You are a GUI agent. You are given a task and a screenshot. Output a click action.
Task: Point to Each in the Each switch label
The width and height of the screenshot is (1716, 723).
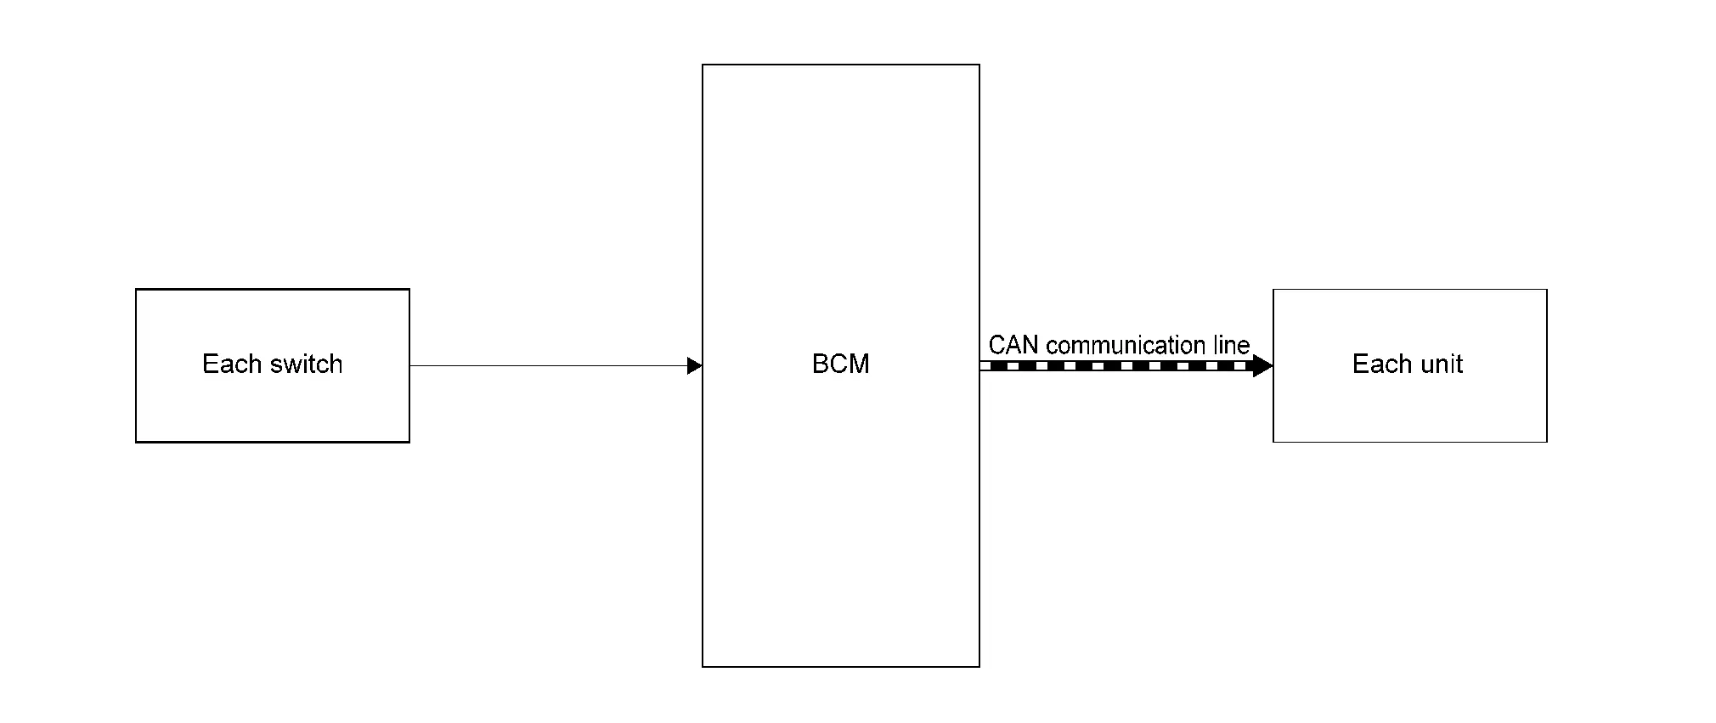click(x=225, y=364)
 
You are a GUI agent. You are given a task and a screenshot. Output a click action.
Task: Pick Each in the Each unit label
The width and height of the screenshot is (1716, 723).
click(x=1375, y=364)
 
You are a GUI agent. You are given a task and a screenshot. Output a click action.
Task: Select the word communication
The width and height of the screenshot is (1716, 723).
click(x=1125, y=346)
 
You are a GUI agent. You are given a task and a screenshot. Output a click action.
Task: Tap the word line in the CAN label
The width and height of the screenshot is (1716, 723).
click(x=1230, y=346)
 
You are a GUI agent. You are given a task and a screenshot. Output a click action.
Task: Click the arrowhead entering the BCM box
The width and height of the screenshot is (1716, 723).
click(x=694, y=366)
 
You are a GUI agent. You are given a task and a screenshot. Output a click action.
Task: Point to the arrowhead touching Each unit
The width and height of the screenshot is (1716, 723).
click(x=1262, y=366)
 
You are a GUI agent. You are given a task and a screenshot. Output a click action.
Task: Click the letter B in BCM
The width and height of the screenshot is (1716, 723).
click(x=821, y=364)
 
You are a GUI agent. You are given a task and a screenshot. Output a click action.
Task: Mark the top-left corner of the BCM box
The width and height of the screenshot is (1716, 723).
click(x=703, y=65)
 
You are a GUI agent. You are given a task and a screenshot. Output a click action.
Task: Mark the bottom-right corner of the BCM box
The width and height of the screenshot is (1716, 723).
click(x=979, y=667)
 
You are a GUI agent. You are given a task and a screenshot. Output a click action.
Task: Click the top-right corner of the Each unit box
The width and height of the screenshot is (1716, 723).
click(x=1547, y=290)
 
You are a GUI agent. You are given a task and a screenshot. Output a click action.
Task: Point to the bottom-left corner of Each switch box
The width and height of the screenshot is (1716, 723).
click(x=136, y=442)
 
